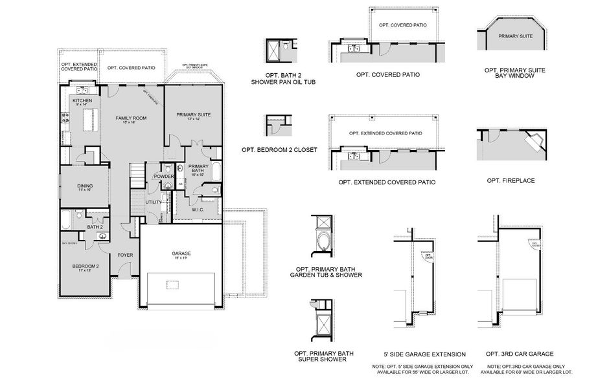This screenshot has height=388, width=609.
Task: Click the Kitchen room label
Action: pos(82,102)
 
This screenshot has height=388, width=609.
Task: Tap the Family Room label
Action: pos(131,119)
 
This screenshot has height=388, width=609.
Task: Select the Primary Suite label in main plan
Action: pos(194,115)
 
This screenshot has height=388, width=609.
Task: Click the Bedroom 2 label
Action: pos(87,266)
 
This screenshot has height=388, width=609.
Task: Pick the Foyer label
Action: pos(125,255)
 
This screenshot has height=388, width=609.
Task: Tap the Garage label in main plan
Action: pos(181,253)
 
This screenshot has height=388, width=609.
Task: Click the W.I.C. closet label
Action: pos(198,209)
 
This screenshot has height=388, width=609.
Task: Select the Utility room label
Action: pos(154,202)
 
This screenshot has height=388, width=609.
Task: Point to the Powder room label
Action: pos(163,176)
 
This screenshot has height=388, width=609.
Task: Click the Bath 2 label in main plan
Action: pos(95,227)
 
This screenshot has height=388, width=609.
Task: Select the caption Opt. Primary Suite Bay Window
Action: pos(509,72)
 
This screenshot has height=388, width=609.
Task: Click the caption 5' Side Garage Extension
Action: pos(424,354)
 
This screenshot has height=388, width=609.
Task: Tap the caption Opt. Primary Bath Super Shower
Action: pos(324,356)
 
